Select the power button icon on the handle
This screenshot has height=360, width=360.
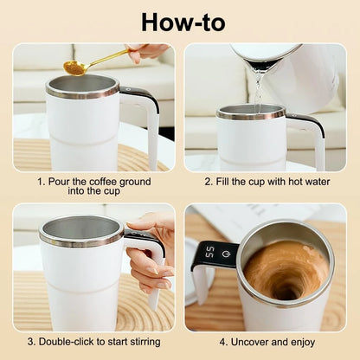coord(222,254)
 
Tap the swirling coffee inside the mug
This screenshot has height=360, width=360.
coord(286,269)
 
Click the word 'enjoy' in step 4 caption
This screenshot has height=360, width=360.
coord(305,342)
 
